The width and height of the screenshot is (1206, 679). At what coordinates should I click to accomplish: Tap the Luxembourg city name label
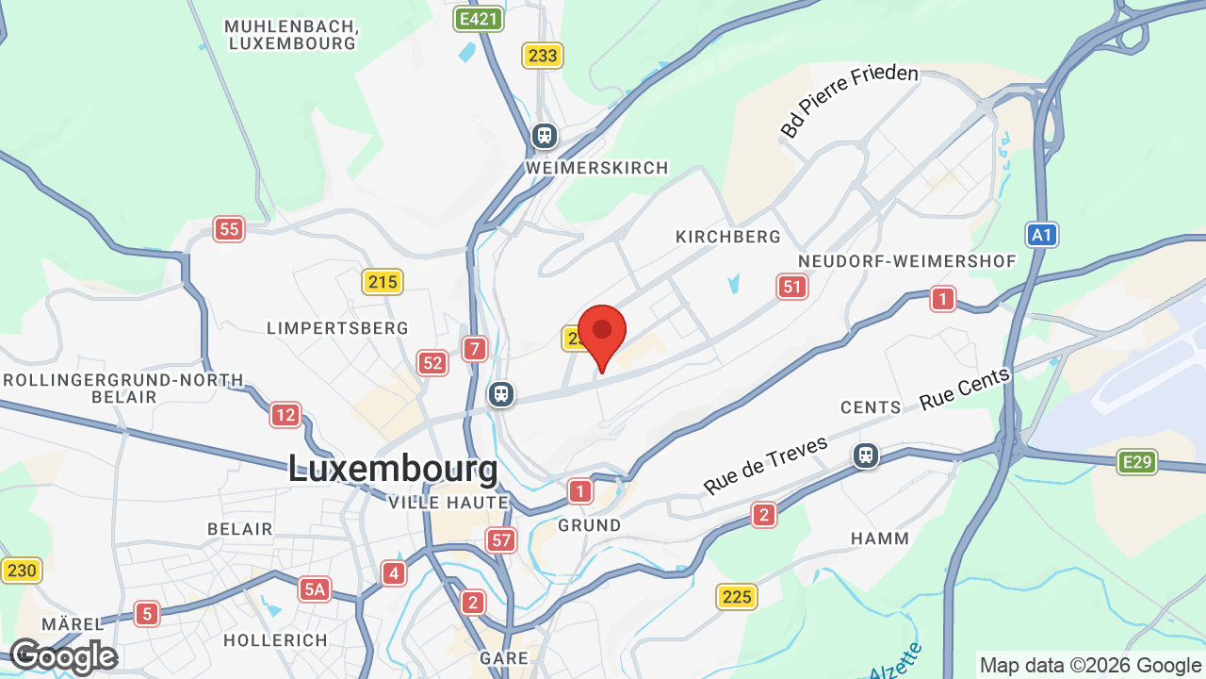pyautogui.click(x=392, y=469)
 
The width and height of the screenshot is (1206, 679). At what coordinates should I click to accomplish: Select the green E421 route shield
pyautogui.click(x=478, y=18)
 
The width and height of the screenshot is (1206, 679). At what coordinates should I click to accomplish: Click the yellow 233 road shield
pyautogui.click(x=543, y=56)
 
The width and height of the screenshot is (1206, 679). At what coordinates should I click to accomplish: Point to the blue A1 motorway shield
pyautogui.click(x=1042, y=235)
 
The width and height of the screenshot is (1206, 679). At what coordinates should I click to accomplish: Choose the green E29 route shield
pyautogui.click(x=1137, y=462)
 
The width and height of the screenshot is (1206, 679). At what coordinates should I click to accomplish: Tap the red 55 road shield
pyautogui.click(x=228, y=228)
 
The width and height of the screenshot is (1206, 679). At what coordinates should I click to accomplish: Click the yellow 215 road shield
pyautogui.click(x=383, y=281)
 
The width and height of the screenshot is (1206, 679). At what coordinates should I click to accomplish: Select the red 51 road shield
pyautogui.click(x=792, y=287)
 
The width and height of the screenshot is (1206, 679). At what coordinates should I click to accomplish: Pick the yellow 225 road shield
pyautogui.click(x=737, y=596)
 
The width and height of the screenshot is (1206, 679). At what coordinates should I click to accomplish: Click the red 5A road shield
pyautogui.click(x=315, y=590)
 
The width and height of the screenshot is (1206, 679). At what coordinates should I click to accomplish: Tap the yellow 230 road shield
pyautogui.click(x=21, y=570)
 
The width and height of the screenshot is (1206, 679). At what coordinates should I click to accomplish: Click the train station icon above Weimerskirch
pyautogui.click(x=544, y=136)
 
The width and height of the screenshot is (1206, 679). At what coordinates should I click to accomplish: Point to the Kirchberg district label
pyautogui.click(x=728, y=237)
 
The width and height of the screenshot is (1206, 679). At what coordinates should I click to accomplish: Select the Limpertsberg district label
pyautogui.click(x=337, y=328)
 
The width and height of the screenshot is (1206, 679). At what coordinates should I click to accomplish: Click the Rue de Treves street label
pyautogui.click(x=765, y=465)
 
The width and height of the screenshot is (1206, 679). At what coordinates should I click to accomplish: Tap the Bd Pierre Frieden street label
pyautogui.click(x=849, y=101)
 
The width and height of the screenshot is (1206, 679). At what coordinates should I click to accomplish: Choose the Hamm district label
pyautogui.click(x=880, y=538)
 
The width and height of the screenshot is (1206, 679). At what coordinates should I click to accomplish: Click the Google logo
pyautogui.click(x=62, y=657)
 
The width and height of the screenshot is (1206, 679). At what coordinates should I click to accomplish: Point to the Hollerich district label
pyautogui.click(x=275, y=640)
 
